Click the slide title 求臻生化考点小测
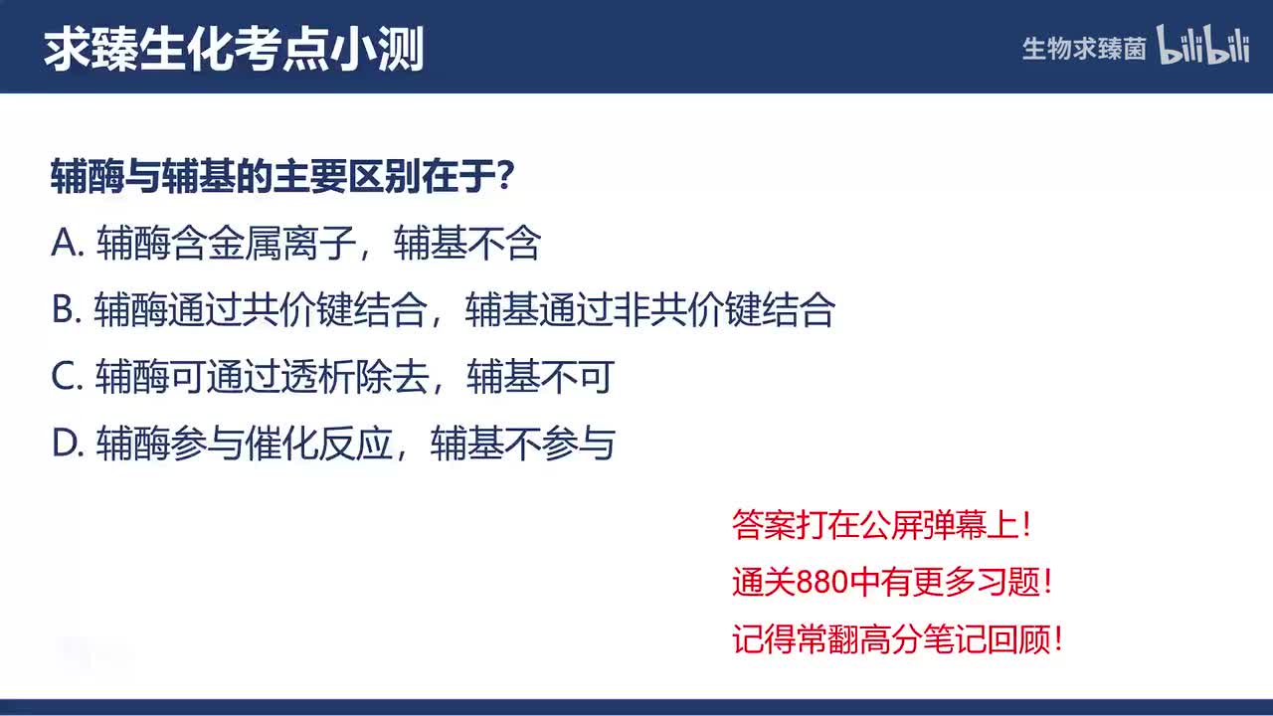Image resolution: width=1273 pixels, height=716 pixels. click(x=234, y=48)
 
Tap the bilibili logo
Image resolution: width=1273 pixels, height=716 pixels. click(x=1202, y=47)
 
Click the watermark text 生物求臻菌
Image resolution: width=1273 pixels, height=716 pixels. click(x=1084, y=49)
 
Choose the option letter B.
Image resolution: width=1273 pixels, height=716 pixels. click(x=64, y=310)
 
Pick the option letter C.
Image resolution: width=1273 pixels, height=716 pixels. click(x=65, y=377)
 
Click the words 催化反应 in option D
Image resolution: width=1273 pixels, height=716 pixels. click(x=318, y=444)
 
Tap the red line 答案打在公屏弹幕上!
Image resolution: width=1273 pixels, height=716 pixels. click(x=882, y=525)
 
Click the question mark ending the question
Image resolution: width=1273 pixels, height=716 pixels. click(x=505, y=177)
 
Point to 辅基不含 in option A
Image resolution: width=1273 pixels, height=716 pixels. click(x=466, y=244)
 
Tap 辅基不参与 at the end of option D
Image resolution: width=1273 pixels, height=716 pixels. click(x=522, y=444)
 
